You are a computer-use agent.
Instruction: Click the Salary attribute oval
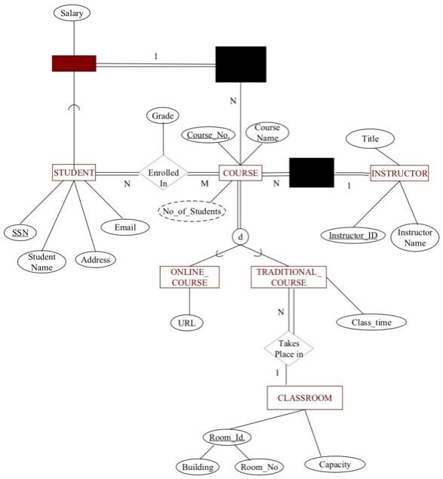[x=72, y=14]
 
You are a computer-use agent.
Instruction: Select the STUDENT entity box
[x=74, y=173]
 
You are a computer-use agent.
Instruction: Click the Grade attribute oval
[x=163, y=116]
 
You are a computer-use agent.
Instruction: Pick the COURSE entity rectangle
[x=240, y=173]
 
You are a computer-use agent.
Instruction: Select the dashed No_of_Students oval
[x=192, y=211]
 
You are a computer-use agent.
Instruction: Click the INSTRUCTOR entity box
[x=399, y=173]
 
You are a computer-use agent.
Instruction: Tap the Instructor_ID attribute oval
[x=353, y=236]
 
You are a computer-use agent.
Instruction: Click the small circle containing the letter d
[x=240, y=236]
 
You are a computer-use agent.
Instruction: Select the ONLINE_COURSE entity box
[x=189, y=277]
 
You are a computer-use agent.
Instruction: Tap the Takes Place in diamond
[x=288, y=348]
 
